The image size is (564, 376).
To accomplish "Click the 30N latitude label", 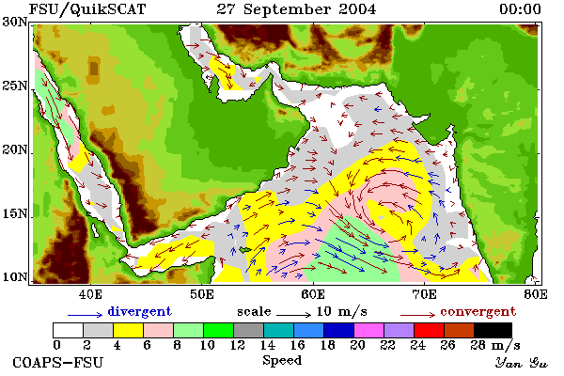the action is click(x=15, y=22).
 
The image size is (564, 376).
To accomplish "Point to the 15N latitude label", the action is click(x=15, y=214).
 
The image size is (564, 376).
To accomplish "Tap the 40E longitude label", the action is click(x=90, y=294).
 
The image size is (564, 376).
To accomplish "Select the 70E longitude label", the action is click(x=425, y=294).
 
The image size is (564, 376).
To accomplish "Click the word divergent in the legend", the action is click(x=139, y=311).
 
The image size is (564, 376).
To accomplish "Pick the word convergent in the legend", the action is click(x=478, y=311).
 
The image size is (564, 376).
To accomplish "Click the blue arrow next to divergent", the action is click(x=86, y=315).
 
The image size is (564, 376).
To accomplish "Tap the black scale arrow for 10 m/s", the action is click(x=293, y=315).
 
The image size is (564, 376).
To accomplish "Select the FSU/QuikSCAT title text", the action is click(x=87, y=9).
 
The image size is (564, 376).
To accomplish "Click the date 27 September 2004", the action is click(x=296, y=9).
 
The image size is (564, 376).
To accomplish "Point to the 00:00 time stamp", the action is click(x=520, y=9).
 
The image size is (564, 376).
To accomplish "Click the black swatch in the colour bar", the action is click(x=493, y=330).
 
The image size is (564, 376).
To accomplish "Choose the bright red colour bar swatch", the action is click(x=429, y=330).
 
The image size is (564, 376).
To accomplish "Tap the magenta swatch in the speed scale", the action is click(x=368, y=330).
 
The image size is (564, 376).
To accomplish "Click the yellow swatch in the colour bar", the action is click(x=128, y=330).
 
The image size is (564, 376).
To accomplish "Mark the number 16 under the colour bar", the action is click(x=297, y=345).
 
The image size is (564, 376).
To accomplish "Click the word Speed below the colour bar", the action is click(x=282, y=361).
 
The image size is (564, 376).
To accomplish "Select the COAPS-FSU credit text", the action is click(x=58, y=362).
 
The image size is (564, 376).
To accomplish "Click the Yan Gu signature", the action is click(x=521, y=363).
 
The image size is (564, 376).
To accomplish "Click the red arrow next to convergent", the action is click(x=418, y=315).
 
